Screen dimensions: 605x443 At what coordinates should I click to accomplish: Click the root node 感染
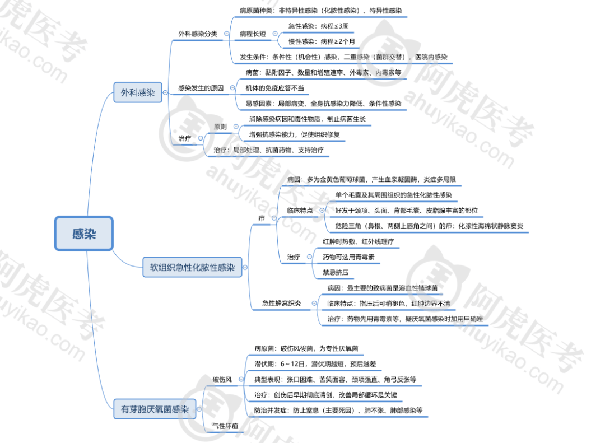(83, 234)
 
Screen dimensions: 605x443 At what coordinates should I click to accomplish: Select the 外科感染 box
(138, 92)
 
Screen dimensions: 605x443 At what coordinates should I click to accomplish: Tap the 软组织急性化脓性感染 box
(192, 267)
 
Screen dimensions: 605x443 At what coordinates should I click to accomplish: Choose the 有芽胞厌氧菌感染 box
(155, 409)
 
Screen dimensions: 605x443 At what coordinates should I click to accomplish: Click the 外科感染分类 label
(198, 34)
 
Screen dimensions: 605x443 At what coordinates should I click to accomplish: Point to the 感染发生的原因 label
(201, 88)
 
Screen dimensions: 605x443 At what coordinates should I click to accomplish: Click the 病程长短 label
(253, 34)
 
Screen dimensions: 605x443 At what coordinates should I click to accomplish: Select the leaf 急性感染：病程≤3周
(319, 26)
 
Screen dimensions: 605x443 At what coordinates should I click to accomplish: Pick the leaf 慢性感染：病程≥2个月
(322, 41)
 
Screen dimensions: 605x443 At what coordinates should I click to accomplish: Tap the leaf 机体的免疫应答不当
(274, 88)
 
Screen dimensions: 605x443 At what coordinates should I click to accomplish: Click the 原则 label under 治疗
(220, 127)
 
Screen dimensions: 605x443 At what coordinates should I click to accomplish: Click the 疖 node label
(262, 218)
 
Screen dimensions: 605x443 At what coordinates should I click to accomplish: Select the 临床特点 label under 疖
(300, 211)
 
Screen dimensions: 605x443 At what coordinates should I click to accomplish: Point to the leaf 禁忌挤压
(336, 272)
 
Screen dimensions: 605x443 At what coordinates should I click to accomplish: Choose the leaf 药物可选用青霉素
(348, 257)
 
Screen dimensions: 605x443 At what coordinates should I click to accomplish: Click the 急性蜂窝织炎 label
(282, 304)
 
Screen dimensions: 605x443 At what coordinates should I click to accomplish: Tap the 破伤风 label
(222, 379)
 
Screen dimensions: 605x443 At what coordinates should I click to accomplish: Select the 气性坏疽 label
(225, 426)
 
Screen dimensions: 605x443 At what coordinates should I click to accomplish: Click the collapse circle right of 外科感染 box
(165, 92)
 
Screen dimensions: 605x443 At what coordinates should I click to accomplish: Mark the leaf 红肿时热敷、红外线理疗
(358, 241)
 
